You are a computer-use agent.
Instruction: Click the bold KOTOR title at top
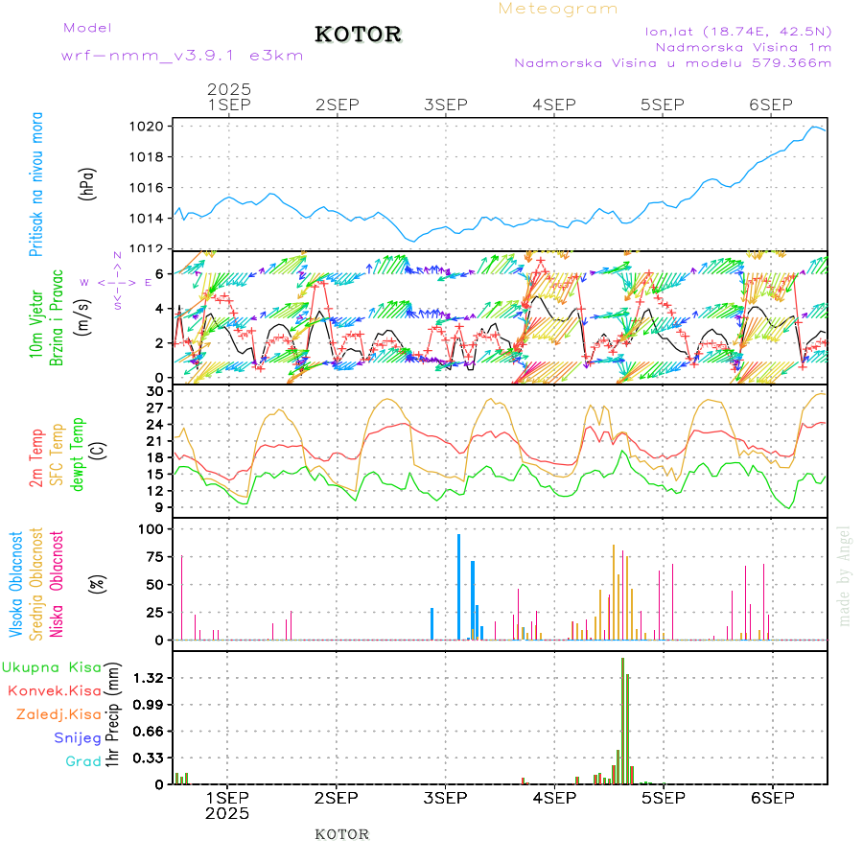pos(359,35)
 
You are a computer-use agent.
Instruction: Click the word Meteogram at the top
pos(559,9)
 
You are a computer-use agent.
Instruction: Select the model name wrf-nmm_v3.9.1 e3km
pos(182,55)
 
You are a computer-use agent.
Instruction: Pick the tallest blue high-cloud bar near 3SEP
pos(458,587)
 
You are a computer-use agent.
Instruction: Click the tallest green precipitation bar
pos(622,719)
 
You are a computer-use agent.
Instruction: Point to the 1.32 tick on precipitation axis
pos(149,678)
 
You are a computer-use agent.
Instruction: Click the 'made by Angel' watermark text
pos(845,575)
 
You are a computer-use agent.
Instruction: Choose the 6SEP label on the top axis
pos(770,104)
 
